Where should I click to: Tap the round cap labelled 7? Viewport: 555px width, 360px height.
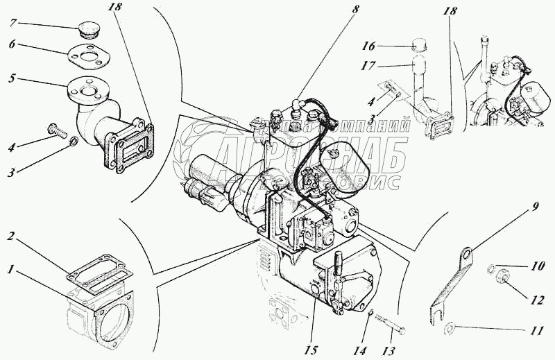[88, 31]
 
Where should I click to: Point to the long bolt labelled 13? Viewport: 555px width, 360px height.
[388, 323]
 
